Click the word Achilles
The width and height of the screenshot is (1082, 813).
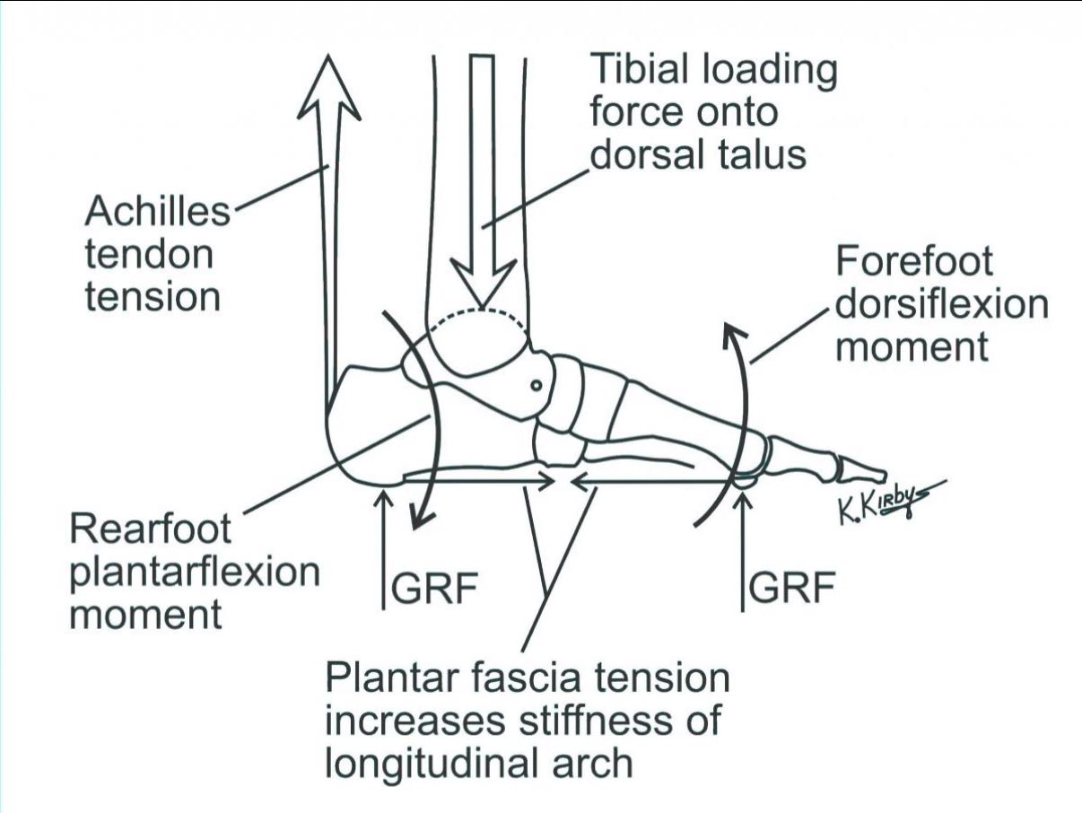point(158,212)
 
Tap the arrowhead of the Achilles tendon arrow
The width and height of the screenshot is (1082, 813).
point(328,87)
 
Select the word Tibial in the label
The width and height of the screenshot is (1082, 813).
point(641,69)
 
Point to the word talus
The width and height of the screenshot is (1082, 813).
point(752,154)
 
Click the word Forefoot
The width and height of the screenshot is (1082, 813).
point(914,262)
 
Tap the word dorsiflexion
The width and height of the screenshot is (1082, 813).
point(941,305)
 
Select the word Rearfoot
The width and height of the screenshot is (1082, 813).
point(151,529)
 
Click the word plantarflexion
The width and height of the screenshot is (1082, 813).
point(195,573)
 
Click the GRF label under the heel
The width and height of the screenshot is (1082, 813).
point(435,588)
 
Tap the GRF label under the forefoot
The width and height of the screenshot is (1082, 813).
point(791,588)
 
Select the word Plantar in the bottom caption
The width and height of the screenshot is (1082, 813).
point(396,678)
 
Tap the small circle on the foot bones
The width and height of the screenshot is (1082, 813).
point(537,385)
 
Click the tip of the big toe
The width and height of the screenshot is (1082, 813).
point(885,476)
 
